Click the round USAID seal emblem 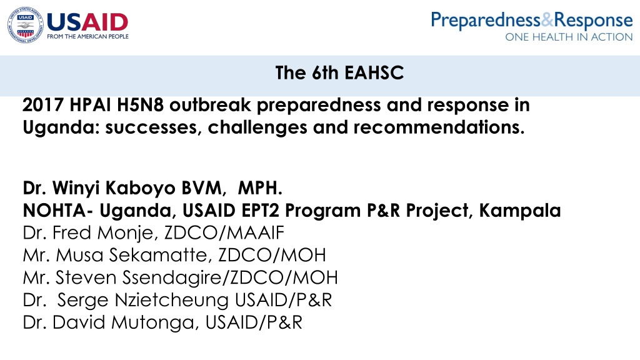pyautogui.click(x=25, y=25)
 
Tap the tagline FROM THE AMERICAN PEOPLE pyautogui.click(x=87, y=37)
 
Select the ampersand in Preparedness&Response pyautogui.click(x=547, y=20)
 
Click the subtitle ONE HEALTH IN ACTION pyautogui.click(x=569, y=37)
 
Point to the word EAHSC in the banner pyautogui.click(x=374, y=73)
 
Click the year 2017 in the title pyautogui.click(x=43, y=105)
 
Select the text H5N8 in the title pyautogui.click(x=141, y=105)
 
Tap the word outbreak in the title pyautogui.click(x=210, y=105)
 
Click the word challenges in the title pyautogui.click(x=257, y=127)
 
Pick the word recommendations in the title pyautogui.click(x=439, y=127)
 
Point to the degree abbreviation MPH pyautogui.click(x=260, y=188)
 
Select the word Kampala pyautogui.click(x=520, y=211)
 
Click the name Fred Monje pyautogui.click(x=102, y=233)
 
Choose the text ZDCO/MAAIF pyautogui.click(x=224, y=233)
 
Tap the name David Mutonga pyautogui.click(x=126, y=323)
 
